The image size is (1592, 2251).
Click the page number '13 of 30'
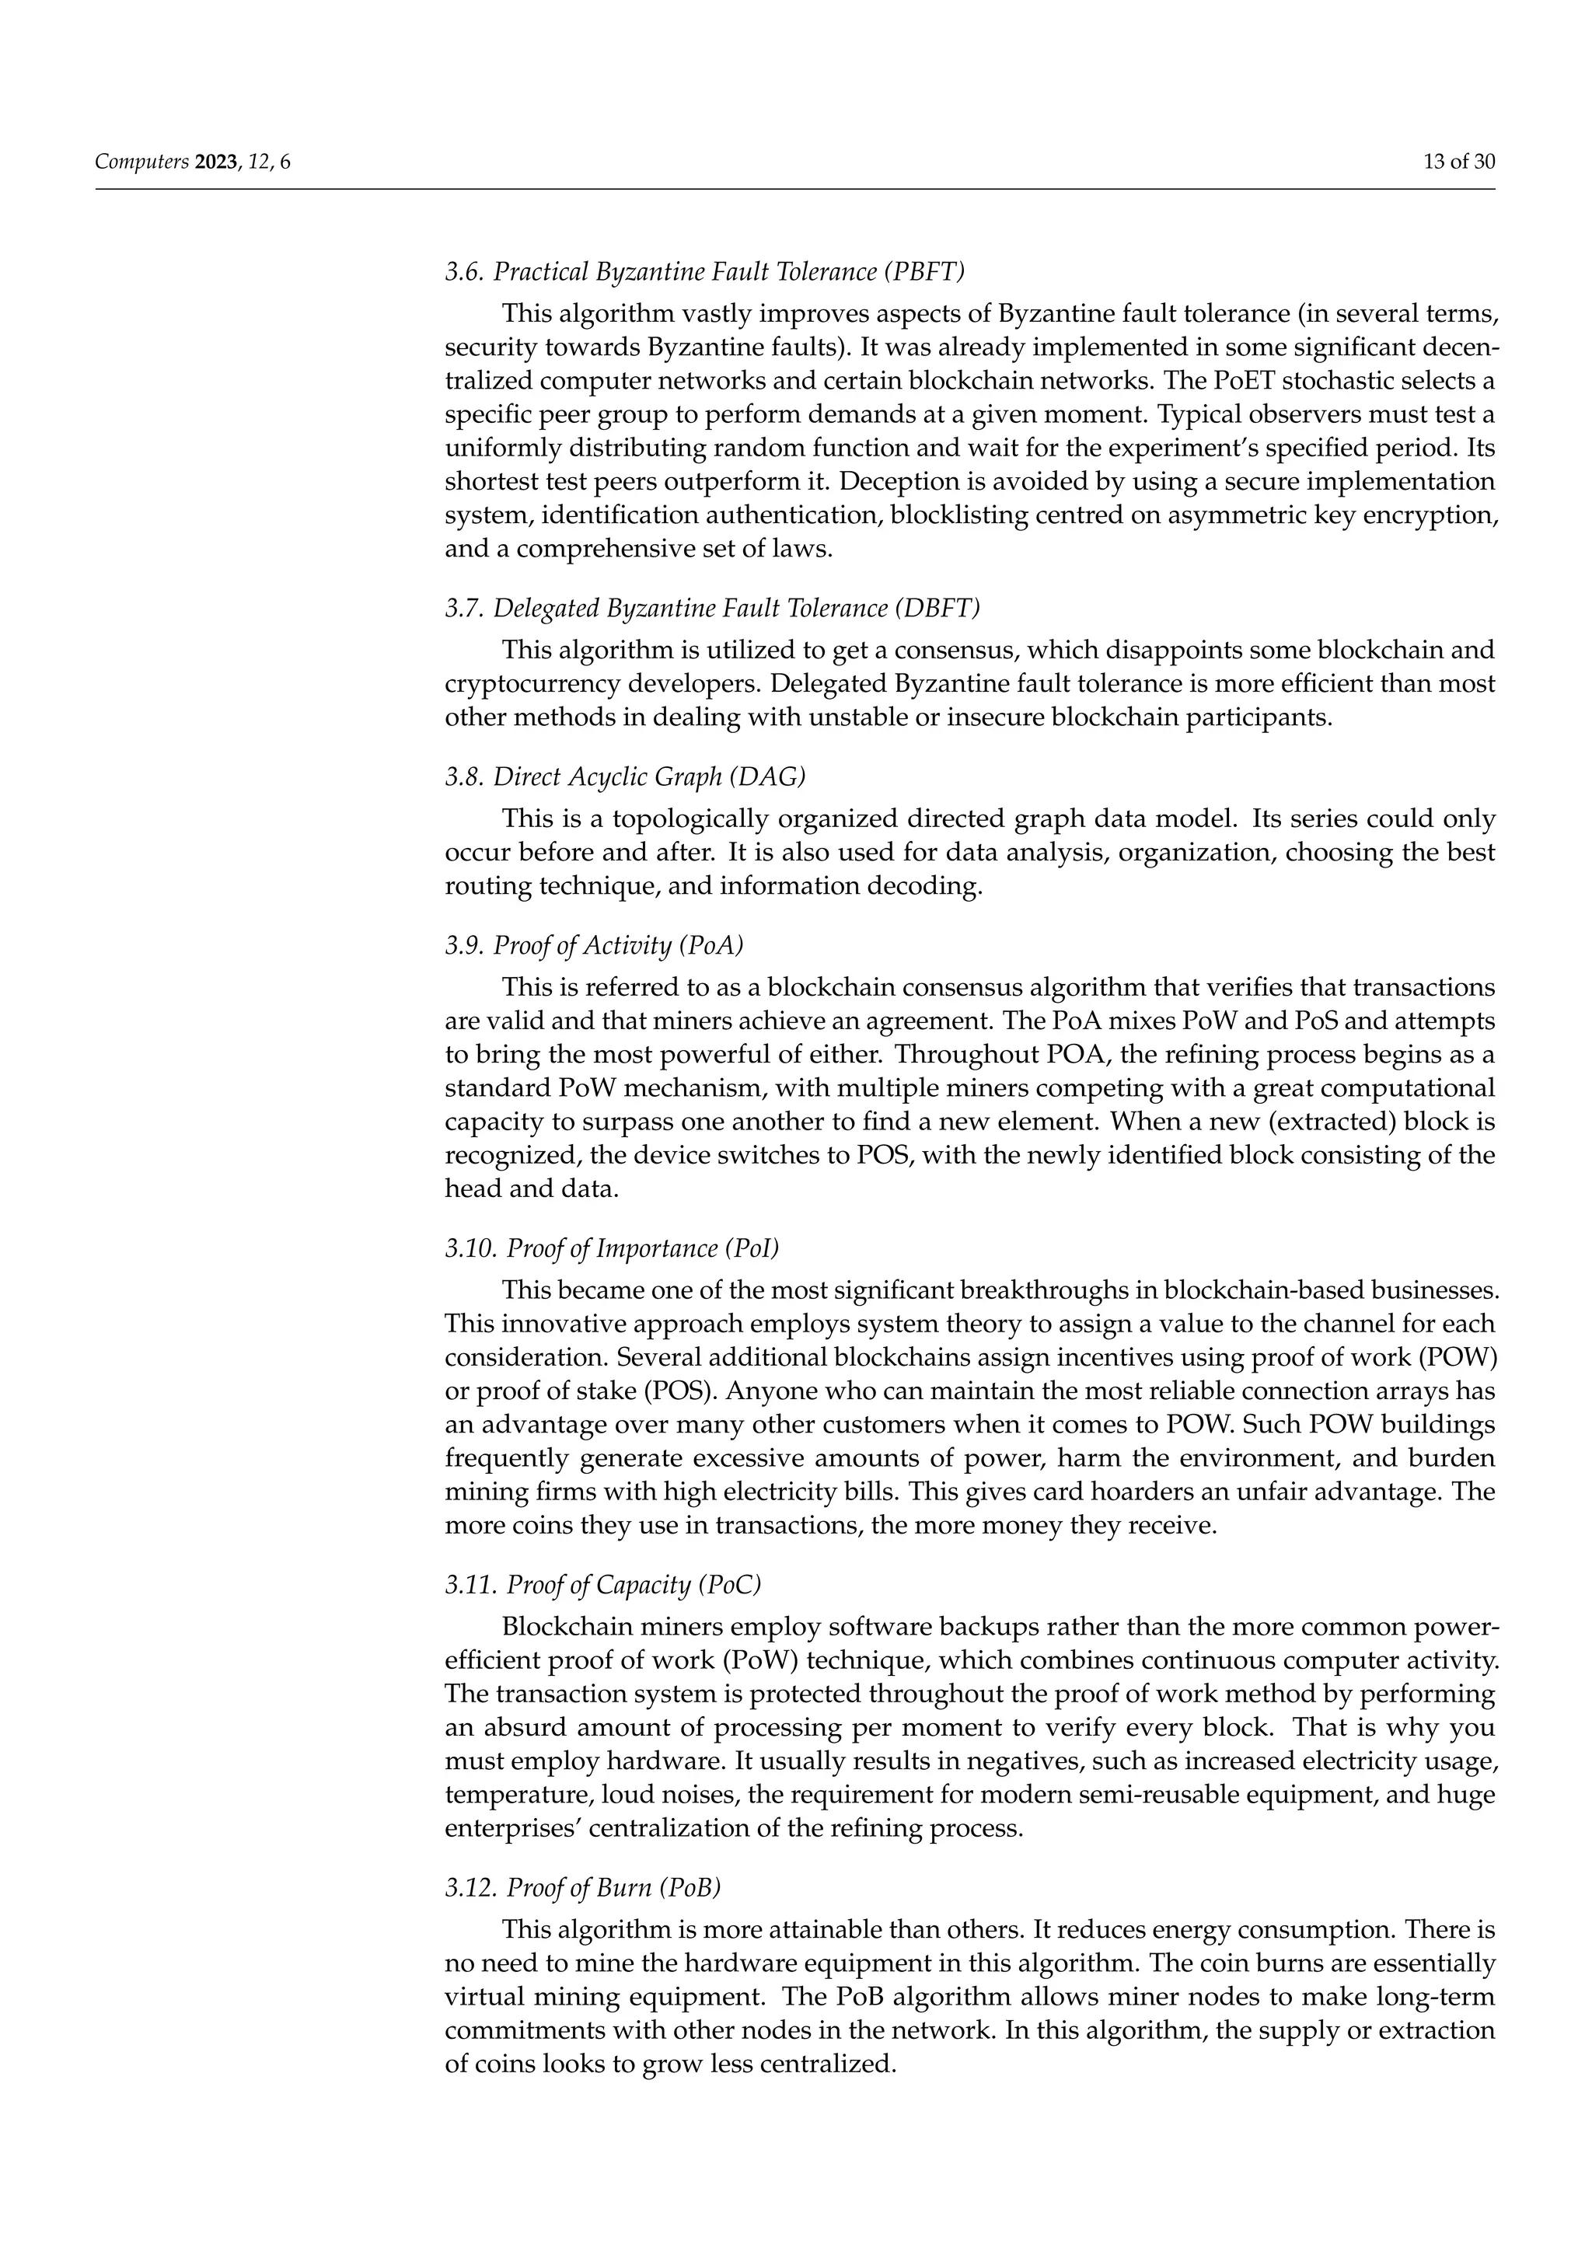1458,162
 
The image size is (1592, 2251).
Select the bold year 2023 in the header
215,162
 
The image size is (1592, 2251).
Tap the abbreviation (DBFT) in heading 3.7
937,608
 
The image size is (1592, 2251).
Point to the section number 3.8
463,777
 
